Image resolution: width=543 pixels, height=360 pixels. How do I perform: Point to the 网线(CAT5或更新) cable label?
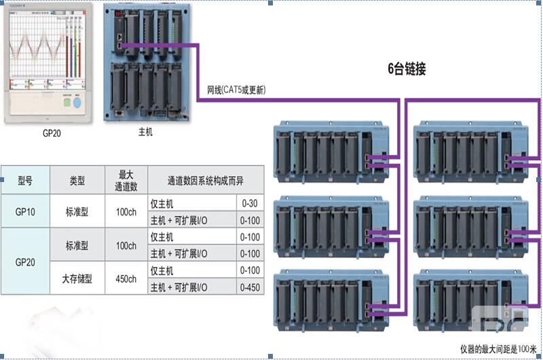click(236, 90)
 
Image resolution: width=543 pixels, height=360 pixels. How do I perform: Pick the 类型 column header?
click(77, 181)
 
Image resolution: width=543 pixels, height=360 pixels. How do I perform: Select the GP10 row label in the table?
click(25, 211)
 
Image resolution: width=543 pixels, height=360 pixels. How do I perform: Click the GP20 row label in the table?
click(25, 261)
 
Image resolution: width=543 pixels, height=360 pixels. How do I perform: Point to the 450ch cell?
click(126, 278)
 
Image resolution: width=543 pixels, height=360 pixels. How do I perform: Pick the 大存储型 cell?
click(77, 278)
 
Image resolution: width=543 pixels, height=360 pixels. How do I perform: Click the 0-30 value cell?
click(249, 203)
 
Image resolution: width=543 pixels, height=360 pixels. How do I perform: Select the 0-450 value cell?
click(249, 287)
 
